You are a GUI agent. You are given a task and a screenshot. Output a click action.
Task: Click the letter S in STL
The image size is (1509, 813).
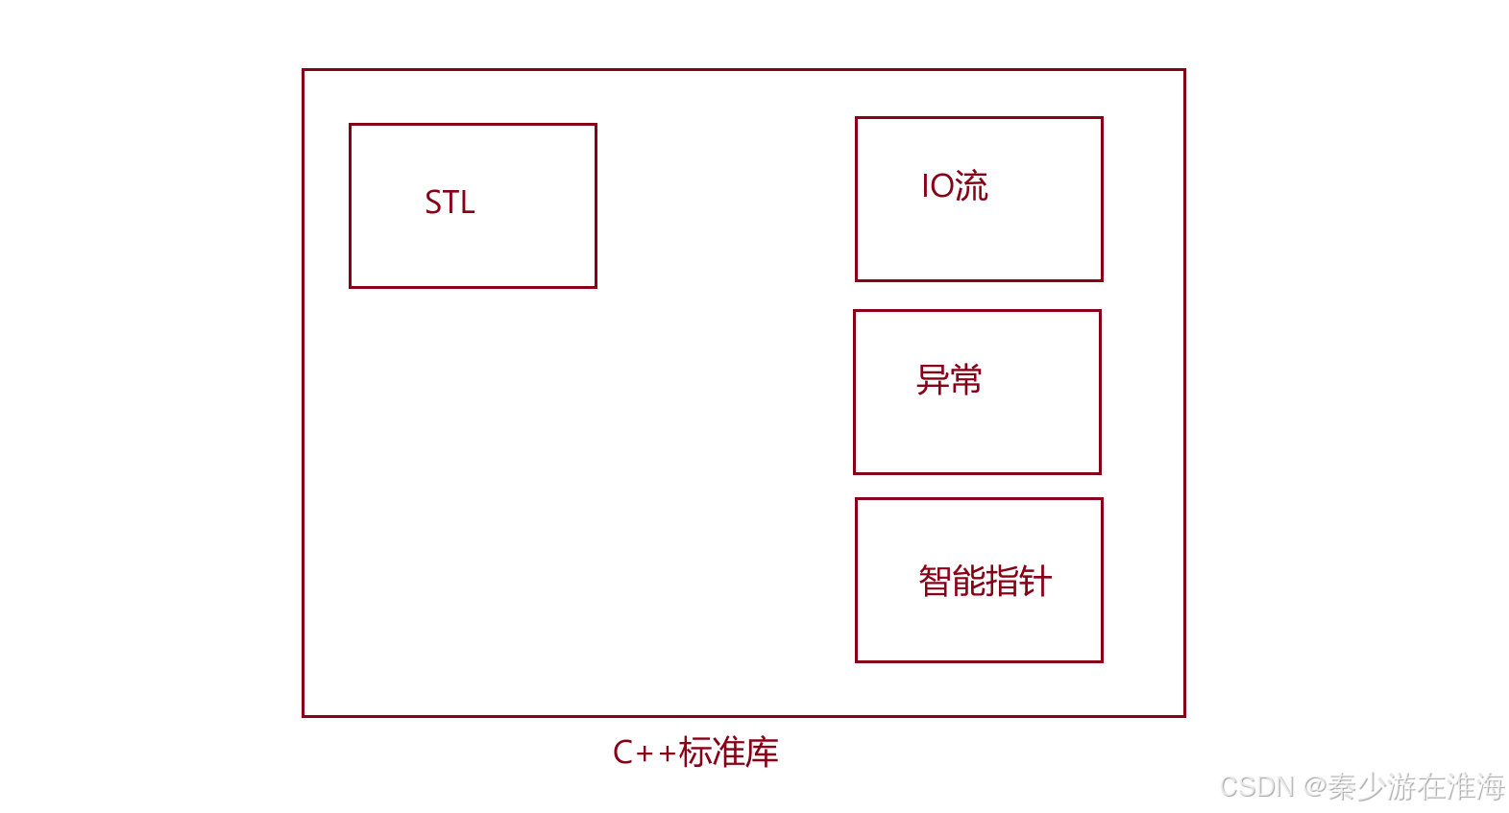[433, 203]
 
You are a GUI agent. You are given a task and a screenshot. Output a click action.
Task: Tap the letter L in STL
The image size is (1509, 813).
[468, 203]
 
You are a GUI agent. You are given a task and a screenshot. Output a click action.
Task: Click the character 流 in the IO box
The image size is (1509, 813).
[971, 186]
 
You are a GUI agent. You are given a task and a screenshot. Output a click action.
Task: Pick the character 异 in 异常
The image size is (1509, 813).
[933, 380]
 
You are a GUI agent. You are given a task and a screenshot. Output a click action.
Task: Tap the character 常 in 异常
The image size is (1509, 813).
[965, 380]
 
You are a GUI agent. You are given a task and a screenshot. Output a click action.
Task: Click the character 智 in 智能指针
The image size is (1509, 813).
[936, 582]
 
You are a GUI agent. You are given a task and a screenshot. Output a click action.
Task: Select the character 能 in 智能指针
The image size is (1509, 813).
[968, 582]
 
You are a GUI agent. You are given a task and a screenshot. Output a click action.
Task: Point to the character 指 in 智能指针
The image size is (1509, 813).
[1002, 582]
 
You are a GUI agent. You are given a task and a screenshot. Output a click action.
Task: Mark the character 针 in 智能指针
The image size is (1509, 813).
[1035, 582]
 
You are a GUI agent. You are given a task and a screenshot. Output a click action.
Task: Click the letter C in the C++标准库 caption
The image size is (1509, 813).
[622, 753]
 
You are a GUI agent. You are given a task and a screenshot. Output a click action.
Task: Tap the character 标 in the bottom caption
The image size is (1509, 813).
[694, 753]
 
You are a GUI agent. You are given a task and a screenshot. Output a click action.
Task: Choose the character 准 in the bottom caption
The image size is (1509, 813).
[728, 753]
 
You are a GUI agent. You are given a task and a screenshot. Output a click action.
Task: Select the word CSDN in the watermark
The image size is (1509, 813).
[1256, 788]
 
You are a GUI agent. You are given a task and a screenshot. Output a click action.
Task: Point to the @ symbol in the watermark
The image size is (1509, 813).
[1315, 788]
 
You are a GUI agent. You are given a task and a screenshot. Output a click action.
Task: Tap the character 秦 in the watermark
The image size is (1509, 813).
[1343, 788]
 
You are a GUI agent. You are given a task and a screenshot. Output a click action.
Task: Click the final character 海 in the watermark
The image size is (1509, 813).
[1490, 788]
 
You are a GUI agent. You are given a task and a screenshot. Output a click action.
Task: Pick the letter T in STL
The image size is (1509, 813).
[450, 203]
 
